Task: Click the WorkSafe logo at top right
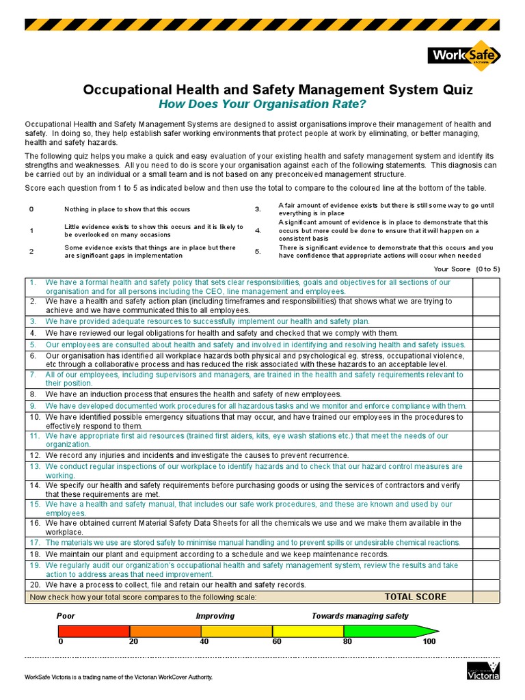click(464, 55)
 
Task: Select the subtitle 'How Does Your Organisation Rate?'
click(262, 104)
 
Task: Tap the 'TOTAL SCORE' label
click(416, 597)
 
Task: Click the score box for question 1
click(486, 286)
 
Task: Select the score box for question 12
click(486, 455)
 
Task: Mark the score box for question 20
click(486, 585)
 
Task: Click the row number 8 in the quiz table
click(32, 394)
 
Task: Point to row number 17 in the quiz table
click(34, 543)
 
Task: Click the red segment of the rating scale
click(94, 631)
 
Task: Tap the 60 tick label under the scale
click(276, 642)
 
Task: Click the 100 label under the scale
click(429, 642)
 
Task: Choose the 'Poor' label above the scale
click(66, 616)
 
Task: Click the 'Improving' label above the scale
click(215, 616)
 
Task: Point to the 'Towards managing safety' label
click(360, 616)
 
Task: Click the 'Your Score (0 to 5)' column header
click(467, 269)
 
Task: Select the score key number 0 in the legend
click(31, 209)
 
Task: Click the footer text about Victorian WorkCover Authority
click(119, 677)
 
